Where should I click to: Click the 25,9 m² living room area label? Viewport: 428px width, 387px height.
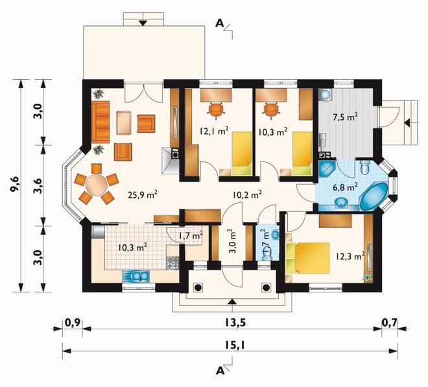[x=143, y=194]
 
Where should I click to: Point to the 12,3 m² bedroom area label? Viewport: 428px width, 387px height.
[x=350, y=256]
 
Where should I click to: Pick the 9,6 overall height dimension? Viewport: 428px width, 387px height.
[x=15, y=185]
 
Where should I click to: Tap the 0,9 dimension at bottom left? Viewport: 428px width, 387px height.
[x=73, y=323]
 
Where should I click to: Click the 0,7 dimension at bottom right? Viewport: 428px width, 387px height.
[x=390, y=323]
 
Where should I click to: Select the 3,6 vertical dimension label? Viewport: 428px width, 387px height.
[x=38, y=186]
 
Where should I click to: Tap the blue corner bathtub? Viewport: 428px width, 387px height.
[x=374, y=196]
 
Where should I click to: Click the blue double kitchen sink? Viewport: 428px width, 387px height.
[x=136, y=276]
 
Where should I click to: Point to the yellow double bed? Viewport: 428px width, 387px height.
[x=308, y=257]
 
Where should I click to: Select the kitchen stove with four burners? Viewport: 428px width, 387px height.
[x=172, y=263]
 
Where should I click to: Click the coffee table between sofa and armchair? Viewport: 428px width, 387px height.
[x=124, y=123]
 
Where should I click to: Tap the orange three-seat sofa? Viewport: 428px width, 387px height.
[x=101, y=122]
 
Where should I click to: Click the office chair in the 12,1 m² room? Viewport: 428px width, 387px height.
[x=216, y=110]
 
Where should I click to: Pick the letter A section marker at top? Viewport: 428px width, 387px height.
[x=219, y=23]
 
